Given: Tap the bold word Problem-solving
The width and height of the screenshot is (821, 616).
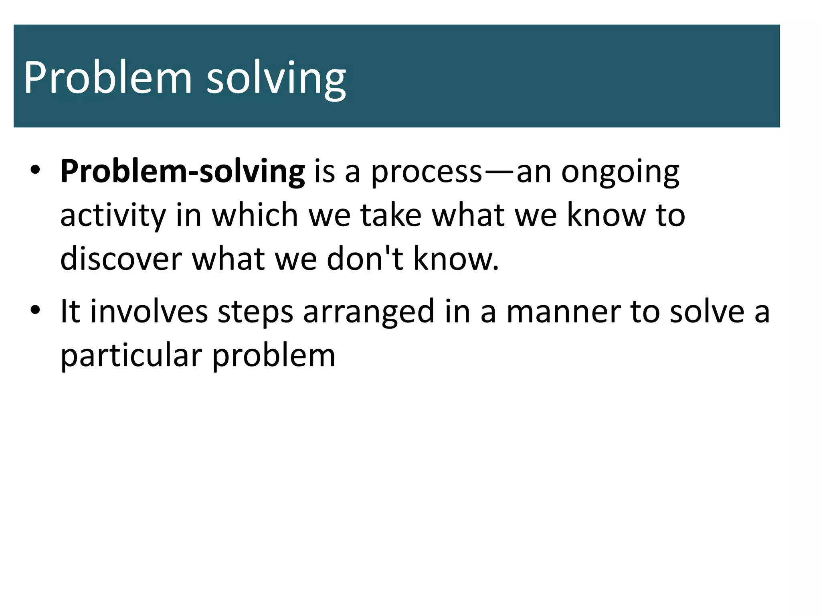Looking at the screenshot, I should [182, 172].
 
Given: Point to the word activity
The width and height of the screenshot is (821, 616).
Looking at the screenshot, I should [113, 216].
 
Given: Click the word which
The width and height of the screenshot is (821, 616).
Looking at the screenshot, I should [255, 215].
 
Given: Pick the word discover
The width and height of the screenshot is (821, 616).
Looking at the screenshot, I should [121, 259].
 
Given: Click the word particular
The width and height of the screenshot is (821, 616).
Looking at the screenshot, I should [131, 356].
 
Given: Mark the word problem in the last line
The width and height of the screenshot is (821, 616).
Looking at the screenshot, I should [273, 356].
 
